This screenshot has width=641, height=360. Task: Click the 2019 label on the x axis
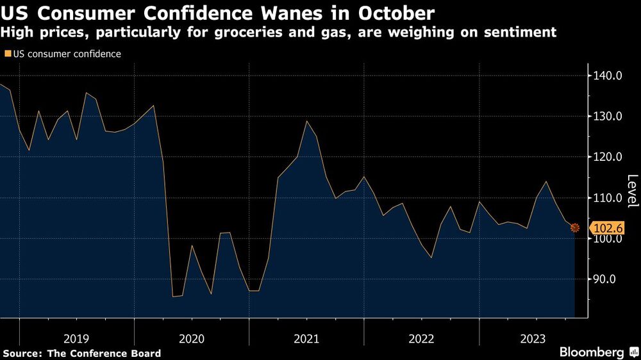click(x=77, y=338)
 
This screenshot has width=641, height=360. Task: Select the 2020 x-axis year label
click(x=192, y=338)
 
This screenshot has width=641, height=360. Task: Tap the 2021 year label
click(x=306, y=338)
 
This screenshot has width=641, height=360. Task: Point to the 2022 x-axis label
click(x=421, y=338)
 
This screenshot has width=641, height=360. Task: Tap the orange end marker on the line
click(x=575, y=228)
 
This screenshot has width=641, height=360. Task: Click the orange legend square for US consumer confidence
click(x=7, y=54)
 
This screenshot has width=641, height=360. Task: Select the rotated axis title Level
click(x=632, y=191)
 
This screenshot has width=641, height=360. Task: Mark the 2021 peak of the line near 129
click(x=306, y=121)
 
